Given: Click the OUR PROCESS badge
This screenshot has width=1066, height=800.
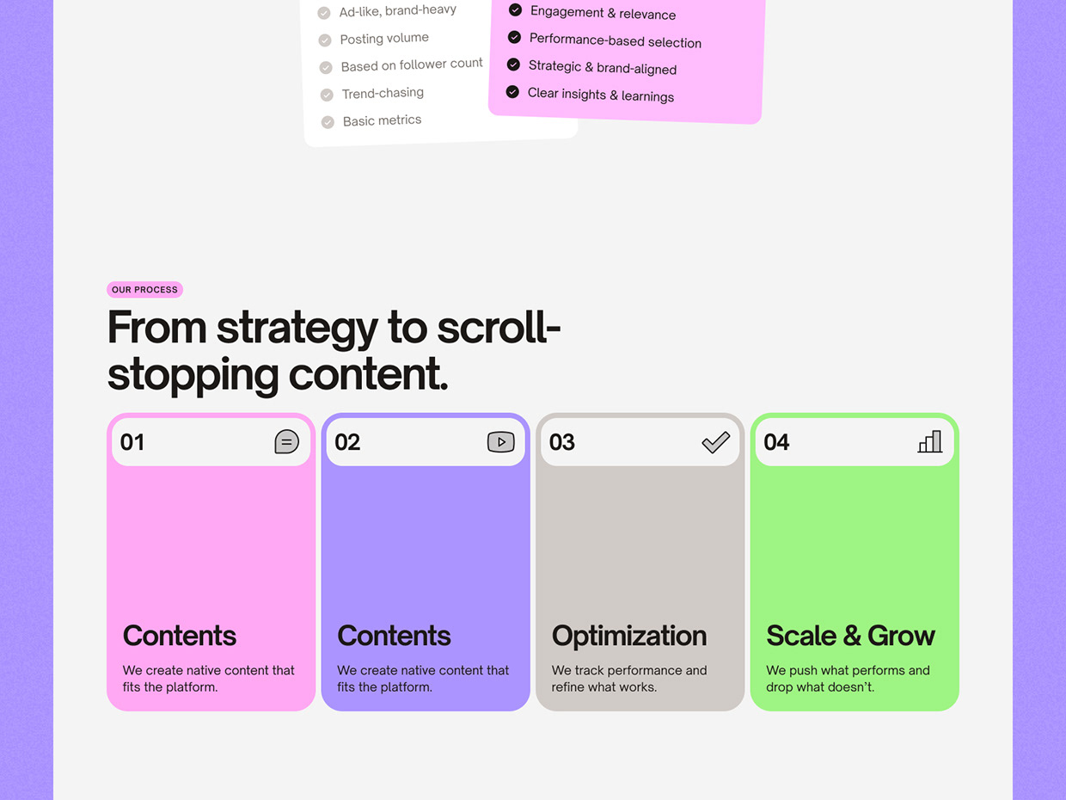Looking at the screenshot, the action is click(144, 290).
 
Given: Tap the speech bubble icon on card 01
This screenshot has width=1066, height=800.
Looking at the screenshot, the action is click(286, 441).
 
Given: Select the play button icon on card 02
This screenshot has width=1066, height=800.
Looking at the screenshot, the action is click(500, 442).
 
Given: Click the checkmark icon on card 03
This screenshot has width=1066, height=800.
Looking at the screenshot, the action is click(716, 442).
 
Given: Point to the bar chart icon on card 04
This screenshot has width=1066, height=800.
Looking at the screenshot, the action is click(930, 441).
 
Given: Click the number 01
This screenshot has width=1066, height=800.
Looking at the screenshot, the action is click(132, 442).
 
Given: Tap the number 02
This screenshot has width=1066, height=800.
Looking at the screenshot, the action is click(347, 442).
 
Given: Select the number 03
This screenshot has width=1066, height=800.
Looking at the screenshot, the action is click(562, 442).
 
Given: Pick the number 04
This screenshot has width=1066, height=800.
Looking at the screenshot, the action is click(776, 442).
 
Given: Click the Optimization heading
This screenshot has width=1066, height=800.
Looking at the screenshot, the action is click(629, 636).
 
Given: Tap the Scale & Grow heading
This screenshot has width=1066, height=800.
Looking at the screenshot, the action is click(851, 636).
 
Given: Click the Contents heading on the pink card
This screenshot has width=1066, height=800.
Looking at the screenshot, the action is click(180, 636).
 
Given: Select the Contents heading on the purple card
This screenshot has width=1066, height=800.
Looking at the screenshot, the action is click(395, 636).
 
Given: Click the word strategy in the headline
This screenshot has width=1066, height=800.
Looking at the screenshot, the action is click(297, 329).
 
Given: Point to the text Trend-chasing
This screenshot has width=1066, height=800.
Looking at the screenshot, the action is click(383, 93).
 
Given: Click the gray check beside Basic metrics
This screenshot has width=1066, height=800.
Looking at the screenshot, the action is click(328, 122).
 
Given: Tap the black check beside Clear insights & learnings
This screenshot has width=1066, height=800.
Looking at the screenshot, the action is click(512, 92).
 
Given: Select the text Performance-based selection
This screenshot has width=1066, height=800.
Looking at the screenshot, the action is click(616, 40).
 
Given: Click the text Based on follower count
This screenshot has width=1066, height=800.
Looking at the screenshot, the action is click(412, 65).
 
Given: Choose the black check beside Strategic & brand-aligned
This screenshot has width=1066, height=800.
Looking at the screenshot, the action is click(513, 65).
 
